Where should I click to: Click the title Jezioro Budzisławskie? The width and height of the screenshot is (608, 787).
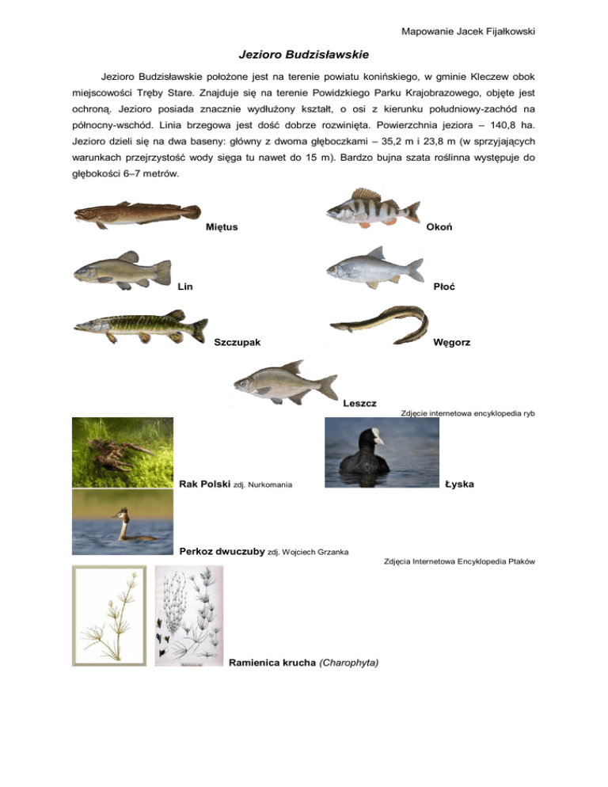(x=303, y=55)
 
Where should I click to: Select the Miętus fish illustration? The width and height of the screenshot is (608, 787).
(x=139, y=214)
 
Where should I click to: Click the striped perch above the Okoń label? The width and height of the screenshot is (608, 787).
(x=372, y=209)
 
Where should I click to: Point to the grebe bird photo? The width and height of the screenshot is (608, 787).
(x=121, y=516)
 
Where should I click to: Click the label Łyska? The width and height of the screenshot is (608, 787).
(x=459, y=483)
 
